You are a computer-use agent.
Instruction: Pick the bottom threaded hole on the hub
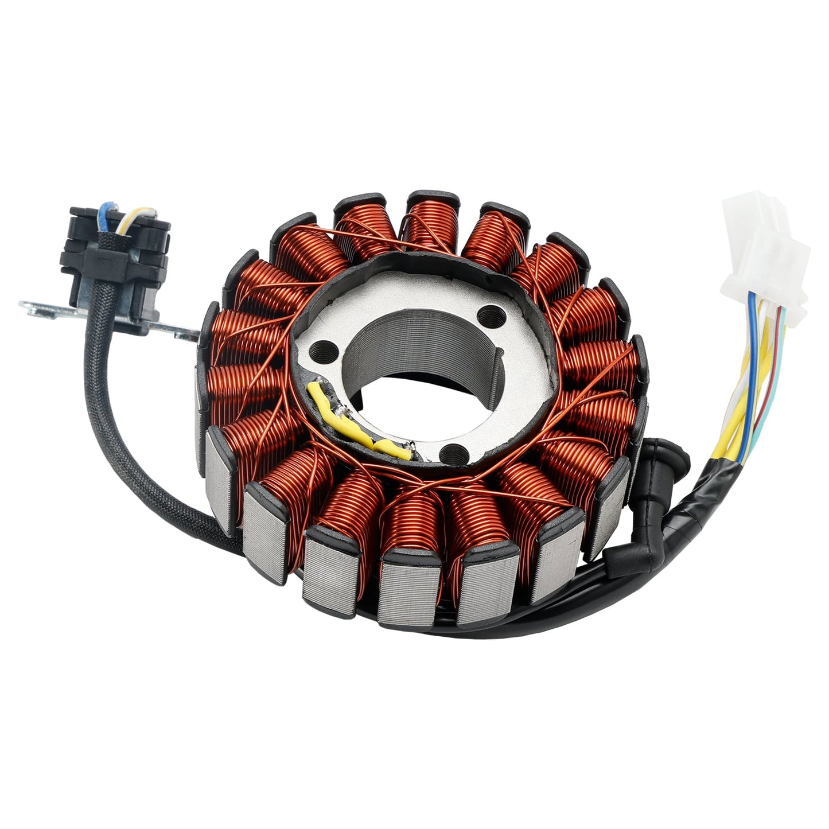453,453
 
